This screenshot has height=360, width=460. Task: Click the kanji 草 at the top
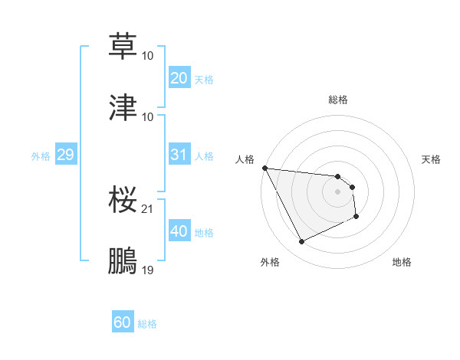click(x=123, y=46)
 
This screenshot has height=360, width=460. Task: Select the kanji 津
click(x=123, y=107)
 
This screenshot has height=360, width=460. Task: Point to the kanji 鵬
click(x=123, y=260)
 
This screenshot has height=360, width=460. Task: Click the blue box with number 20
click(x=179, y=78)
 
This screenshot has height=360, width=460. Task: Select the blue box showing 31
click(x=179, y=155)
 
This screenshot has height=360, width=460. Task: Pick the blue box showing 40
click(x=179, y=231)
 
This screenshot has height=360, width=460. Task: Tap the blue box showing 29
click(x=65, y=155)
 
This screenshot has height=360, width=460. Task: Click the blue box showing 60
click(x=122, y=323)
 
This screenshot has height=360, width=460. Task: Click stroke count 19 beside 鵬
click(x=147, y=270)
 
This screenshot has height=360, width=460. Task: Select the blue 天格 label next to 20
click(x=204, y=80)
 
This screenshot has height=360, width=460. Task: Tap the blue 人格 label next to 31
click(x=204, y=156)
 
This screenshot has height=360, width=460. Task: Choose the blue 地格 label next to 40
click(x=204, y=233)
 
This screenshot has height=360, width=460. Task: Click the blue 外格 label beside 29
click(x=41, y=156)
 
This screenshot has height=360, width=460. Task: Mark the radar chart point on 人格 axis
click(x=264, y=168)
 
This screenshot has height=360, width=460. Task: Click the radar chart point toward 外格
click(x=301, y=242)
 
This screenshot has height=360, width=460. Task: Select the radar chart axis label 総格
click(x=338, y=100)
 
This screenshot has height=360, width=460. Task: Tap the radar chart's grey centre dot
click(x=338, y=191)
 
